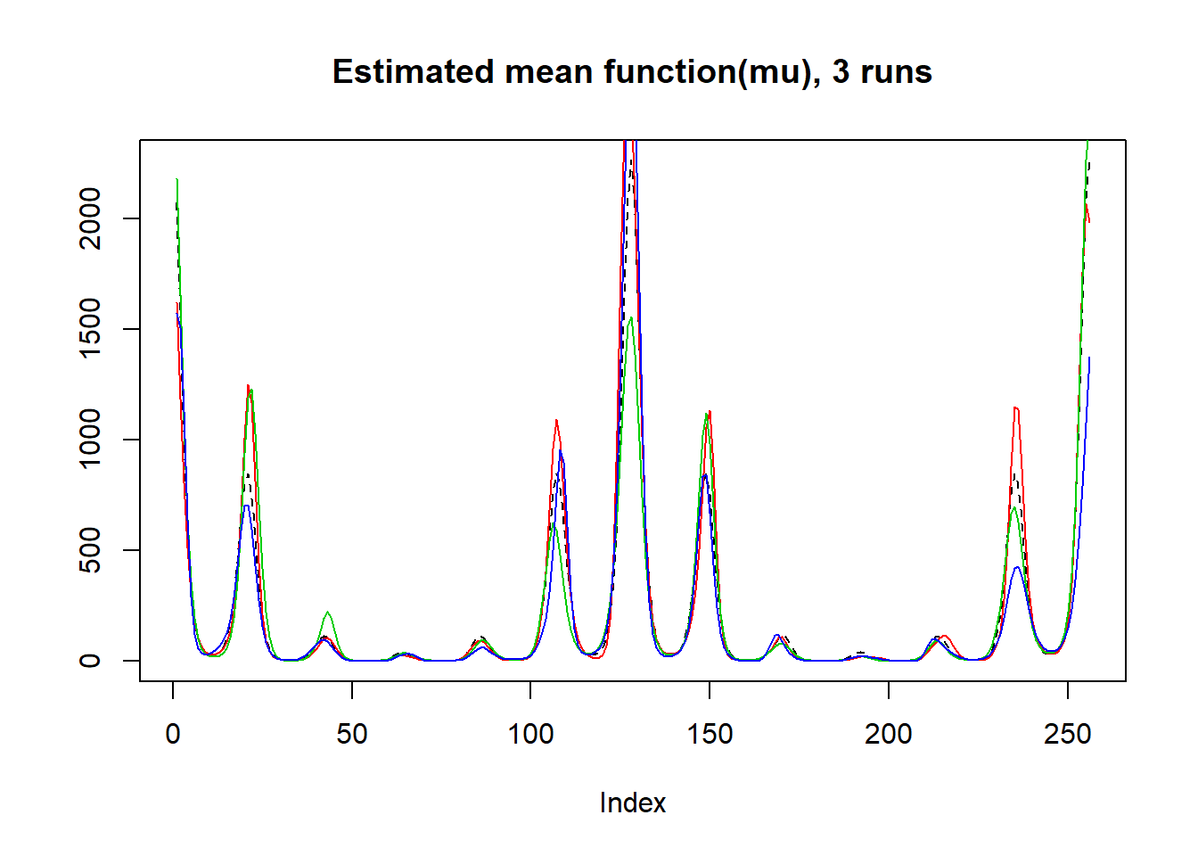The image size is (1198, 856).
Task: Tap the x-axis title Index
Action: [632, 802]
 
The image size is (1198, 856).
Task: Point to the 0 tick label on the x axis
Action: [173, 734]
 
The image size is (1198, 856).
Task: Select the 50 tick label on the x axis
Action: [352, 734]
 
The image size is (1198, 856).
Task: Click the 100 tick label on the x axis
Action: [530, 734]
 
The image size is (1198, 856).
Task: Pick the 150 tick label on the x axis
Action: [710, 734]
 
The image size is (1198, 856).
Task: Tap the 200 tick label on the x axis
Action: [889, 734]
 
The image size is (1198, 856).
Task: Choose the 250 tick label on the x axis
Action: [1068, 734]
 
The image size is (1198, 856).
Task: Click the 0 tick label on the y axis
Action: [90, 661]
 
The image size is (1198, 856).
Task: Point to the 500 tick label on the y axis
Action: [90, 550]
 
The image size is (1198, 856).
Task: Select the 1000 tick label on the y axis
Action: [90, 440]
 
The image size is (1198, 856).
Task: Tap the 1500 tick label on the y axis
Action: [90, 329]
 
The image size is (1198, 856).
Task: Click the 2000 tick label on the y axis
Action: [90, 218]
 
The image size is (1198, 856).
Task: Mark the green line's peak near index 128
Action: [630, 318]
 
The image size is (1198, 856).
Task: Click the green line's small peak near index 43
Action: [328, 613]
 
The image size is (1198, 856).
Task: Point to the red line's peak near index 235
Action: [1015, 407]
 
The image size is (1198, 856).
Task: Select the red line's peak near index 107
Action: [556, 420]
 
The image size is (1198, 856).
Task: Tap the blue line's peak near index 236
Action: [1017, 567]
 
